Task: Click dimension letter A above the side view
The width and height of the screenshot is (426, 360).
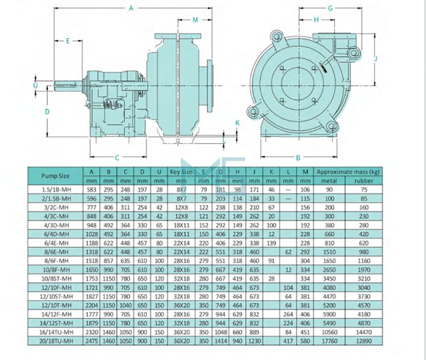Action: (x=131, y=7)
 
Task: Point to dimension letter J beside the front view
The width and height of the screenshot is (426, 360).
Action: (x=375, y=59)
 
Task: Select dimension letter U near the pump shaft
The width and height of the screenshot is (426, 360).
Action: (x=35, y=85)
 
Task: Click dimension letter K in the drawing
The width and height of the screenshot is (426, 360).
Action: (x=237, y=122)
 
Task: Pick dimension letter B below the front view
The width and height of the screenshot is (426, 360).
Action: (x=298, y=158)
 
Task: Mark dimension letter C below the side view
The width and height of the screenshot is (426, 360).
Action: (x=117, y=158)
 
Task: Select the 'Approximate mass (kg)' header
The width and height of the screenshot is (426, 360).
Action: (x=347, y=172)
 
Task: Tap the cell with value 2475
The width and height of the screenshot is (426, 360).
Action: (x=93, y=341)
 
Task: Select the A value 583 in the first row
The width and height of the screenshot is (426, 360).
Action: (x=93, y=189)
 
